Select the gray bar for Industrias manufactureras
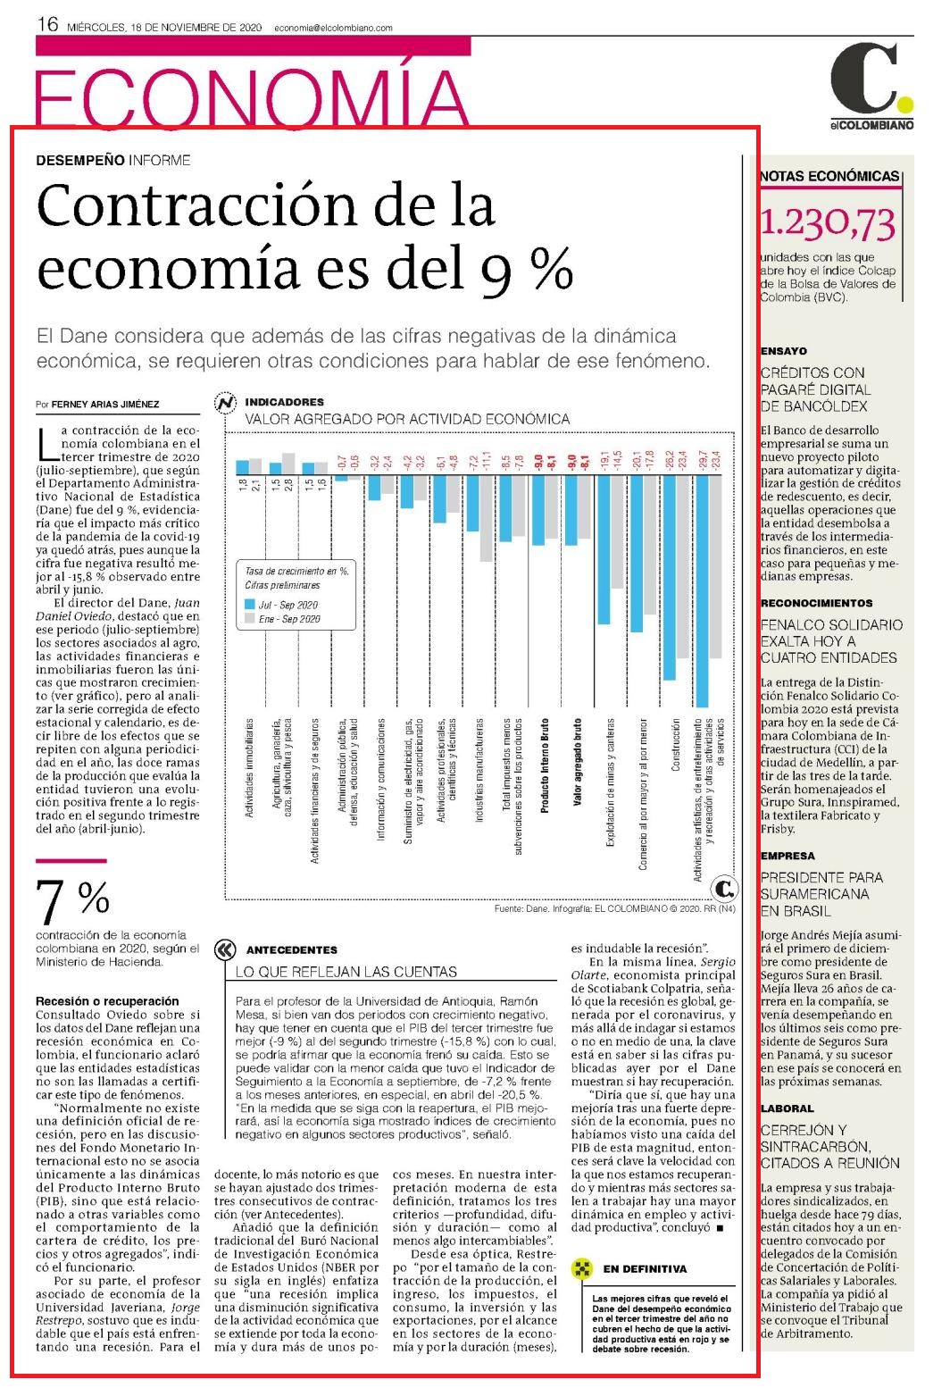(x=486, y=518)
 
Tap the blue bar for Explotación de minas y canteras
(x=604, y=549)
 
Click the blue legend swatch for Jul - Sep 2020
(x=250, y=604)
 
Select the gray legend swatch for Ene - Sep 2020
(x=250, y=618)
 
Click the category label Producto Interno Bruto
(x=545, y=765)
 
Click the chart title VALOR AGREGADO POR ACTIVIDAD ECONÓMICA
(x=407, y=419)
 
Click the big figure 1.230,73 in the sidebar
(x=828, y=223)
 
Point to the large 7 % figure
(x=73, y=900)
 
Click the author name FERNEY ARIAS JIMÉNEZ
(x=105, y=404)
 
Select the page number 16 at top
(x=47, y=24)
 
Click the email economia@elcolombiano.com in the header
(x=333, y=28)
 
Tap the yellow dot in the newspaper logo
(x=905, y=105)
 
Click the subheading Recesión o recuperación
(x=107, y=1001)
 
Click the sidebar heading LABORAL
(x=787, y=1108)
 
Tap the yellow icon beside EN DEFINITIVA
(x=581, y=1269)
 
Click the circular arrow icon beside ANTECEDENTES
(x=225, y=950)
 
